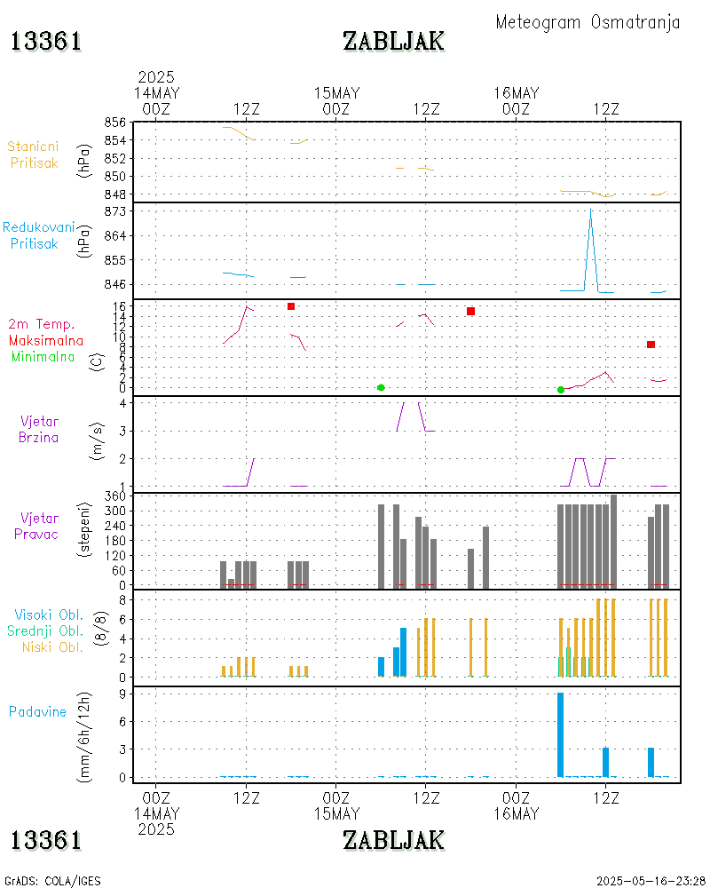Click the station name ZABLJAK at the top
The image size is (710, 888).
393,41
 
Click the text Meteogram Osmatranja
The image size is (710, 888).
588,22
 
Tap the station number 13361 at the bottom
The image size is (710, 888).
46,839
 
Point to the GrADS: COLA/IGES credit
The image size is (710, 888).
52,881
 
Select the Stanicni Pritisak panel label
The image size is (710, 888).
35,154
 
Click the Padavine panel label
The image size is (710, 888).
37,711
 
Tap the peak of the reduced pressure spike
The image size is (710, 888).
591,211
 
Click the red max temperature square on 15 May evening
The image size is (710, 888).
470,311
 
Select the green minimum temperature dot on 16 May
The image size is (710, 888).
561,390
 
